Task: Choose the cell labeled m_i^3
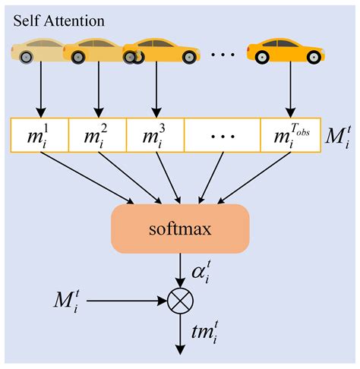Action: click(155, 135)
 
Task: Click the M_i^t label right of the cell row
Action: click(336, 137)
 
